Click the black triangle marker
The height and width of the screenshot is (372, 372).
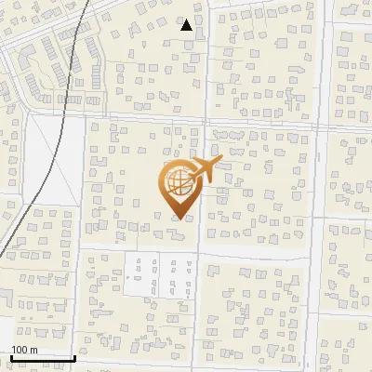pyautogui.click(x=187, y=25)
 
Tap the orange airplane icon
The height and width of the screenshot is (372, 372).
pyautogui.click(x=204, y=170)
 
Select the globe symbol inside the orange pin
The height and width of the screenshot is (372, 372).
pyautogui.click(x=178, y=179)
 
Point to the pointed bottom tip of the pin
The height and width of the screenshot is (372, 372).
pyautogui.click(x=178, y=218)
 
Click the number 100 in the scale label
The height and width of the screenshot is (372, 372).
pyautogui.click(x=20, y=350)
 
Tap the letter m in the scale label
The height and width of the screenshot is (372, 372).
pyautogui.click(x=33, y=350)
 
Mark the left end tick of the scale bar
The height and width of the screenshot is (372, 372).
pyautogui.click(x=10, y=357)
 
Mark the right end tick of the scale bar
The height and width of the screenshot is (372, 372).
pyautogui.click(x=74, y=357)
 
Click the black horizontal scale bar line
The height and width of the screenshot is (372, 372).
pyautogui.click(x=42, y=358)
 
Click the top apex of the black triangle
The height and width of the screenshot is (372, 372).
pyautogui.click(x=187, y=20)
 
